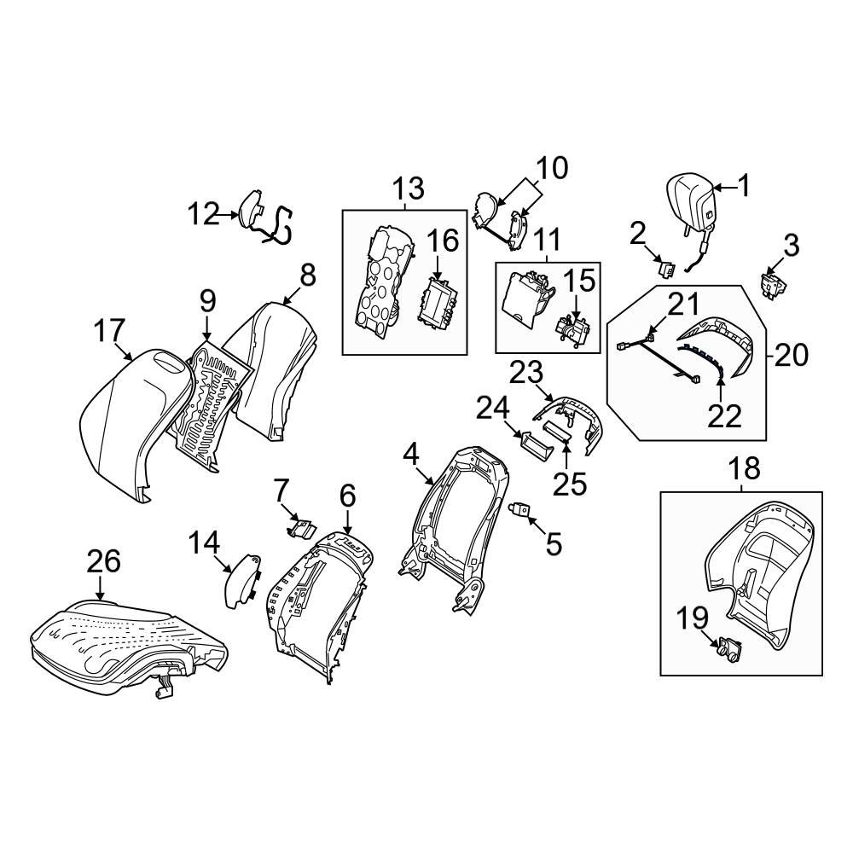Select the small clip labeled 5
(520, 510)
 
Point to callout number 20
(791, 356)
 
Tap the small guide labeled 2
(667, 267)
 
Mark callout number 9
(208, 301)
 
